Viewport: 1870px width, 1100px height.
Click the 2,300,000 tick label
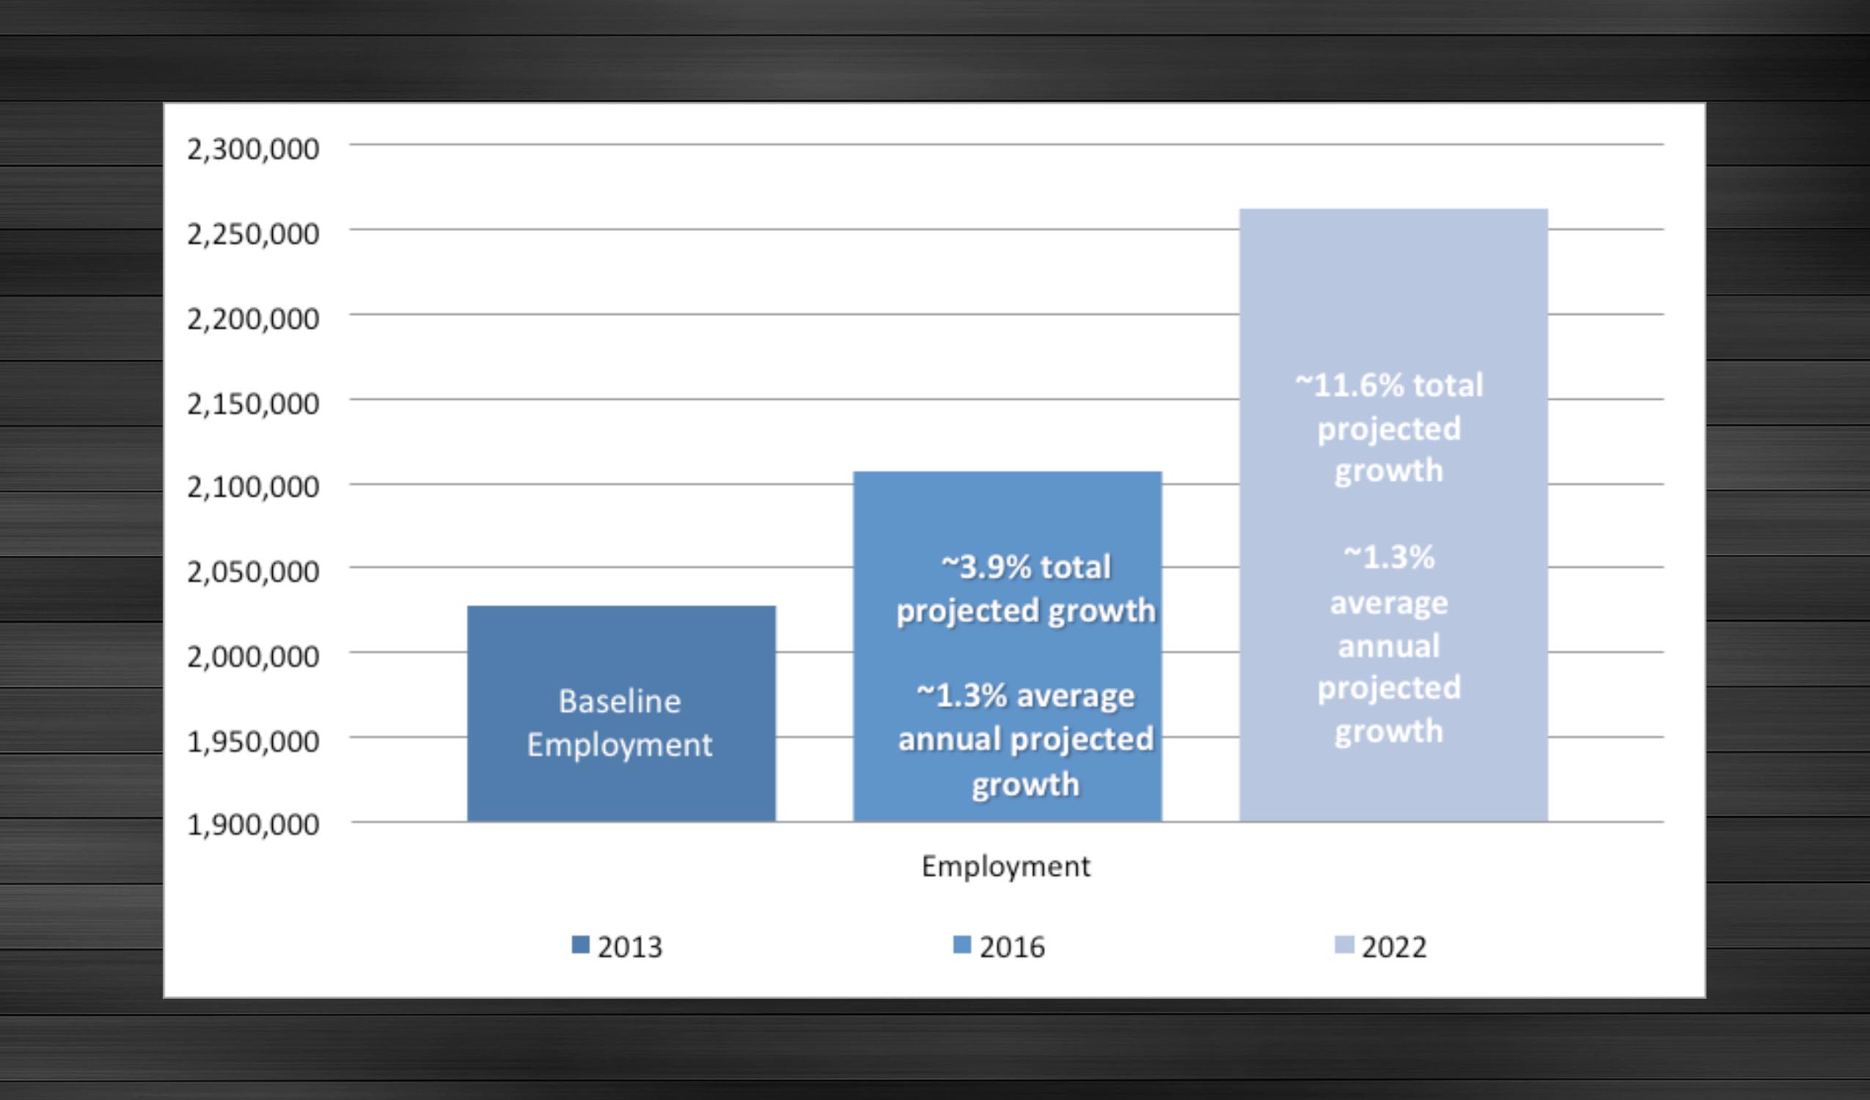click(253, 149)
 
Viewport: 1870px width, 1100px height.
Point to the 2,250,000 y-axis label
click(253, 234)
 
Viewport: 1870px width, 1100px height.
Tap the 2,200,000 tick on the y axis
click(253, 318)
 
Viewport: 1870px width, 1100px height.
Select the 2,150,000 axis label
click(253, 404)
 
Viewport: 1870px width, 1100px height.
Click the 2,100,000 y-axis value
click(253, 487)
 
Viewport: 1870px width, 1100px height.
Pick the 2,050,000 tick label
click(253, 571)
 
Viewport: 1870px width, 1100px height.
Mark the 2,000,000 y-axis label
click(253, 656)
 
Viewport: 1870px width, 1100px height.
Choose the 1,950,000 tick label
click(253, 741)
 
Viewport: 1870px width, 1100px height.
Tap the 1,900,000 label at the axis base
click(253, 824)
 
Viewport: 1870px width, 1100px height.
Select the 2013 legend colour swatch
click(580, 945)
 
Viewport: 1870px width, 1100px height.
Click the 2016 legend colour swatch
click(961, 945)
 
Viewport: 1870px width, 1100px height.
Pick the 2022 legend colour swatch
click(1344, 945)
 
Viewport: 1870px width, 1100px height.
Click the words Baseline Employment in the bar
click(620, 723)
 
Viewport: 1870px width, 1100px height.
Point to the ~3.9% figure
click(986, 567)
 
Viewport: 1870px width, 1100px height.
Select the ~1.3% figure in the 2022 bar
click(1389, 557)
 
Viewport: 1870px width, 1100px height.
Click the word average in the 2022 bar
click(1389, 604)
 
